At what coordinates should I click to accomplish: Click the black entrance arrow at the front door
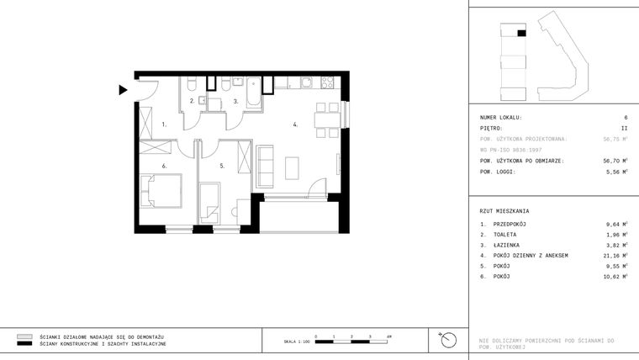point(123,89)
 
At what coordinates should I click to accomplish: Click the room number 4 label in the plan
point(294,124)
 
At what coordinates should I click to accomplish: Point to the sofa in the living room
point(265,166)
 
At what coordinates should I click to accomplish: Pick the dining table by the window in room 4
point(326,117)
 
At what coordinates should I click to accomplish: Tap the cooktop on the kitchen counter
point(326,82)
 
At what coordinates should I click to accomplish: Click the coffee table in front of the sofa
point(292,168)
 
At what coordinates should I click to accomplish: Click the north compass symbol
point(449,340)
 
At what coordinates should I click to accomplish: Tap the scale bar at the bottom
point(352,340)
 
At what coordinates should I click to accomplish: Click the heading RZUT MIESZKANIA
point(504,211)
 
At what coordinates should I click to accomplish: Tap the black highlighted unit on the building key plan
point(521,33)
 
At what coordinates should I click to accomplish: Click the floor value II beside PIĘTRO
point(623,128)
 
